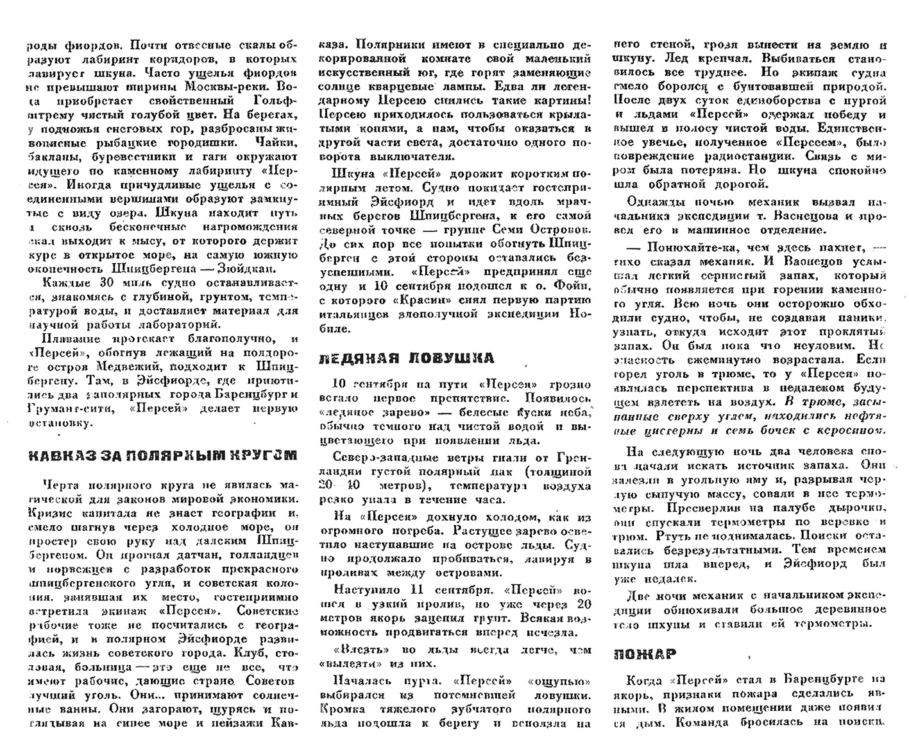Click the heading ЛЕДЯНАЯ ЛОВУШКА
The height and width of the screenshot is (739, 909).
coord(407,358)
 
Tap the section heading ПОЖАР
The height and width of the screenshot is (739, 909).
coord(644,654)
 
